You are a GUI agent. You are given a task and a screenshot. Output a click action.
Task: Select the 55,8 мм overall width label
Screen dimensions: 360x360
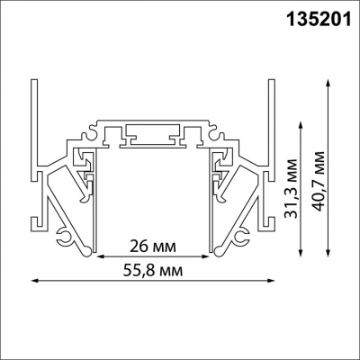[153, 269]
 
